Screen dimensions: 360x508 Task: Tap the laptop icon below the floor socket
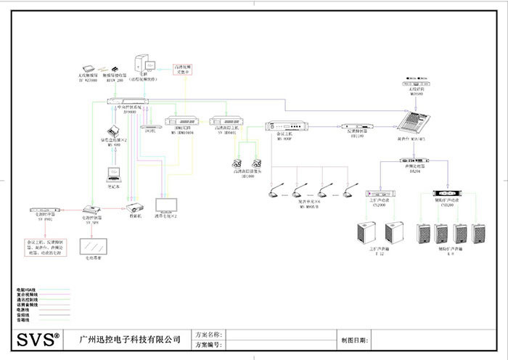click(115, 173)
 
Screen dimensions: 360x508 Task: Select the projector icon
click(135, 208)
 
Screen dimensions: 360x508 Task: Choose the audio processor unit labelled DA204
click(411, 160)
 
